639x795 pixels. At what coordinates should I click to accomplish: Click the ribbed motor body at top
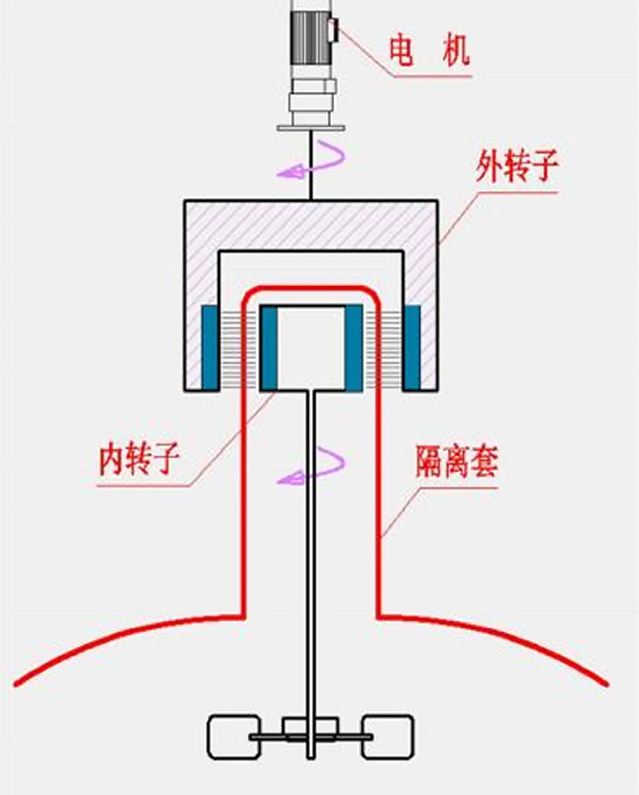click(309, 37)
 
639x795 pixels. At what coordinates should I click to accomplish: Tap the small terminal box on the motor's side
click(333, 30)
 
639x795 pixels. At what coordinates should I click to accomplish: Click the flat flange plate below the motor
click(311, 127)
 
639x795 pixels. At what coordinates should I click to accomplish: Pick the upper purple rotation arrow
click(312, 160)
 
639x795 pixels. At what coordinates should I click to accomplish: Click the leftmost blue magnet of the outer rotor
click(210, 347)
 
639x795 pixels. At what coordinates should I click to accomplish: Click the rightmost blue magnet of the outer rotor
click(411, 347)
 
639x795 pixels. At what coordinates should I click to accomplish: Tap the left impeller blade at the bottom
click(234, 737)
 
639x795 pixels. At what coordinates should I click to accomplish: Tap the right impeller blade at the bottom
click(388, 737)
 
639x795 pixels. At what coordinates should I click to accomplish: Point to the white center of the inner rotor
click(311, 347)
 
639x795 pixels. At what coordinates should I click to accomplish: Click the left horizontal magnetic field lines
click(230, 347)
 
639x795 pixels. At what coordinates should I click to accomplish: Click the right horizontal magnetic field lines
click(390, 347)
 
